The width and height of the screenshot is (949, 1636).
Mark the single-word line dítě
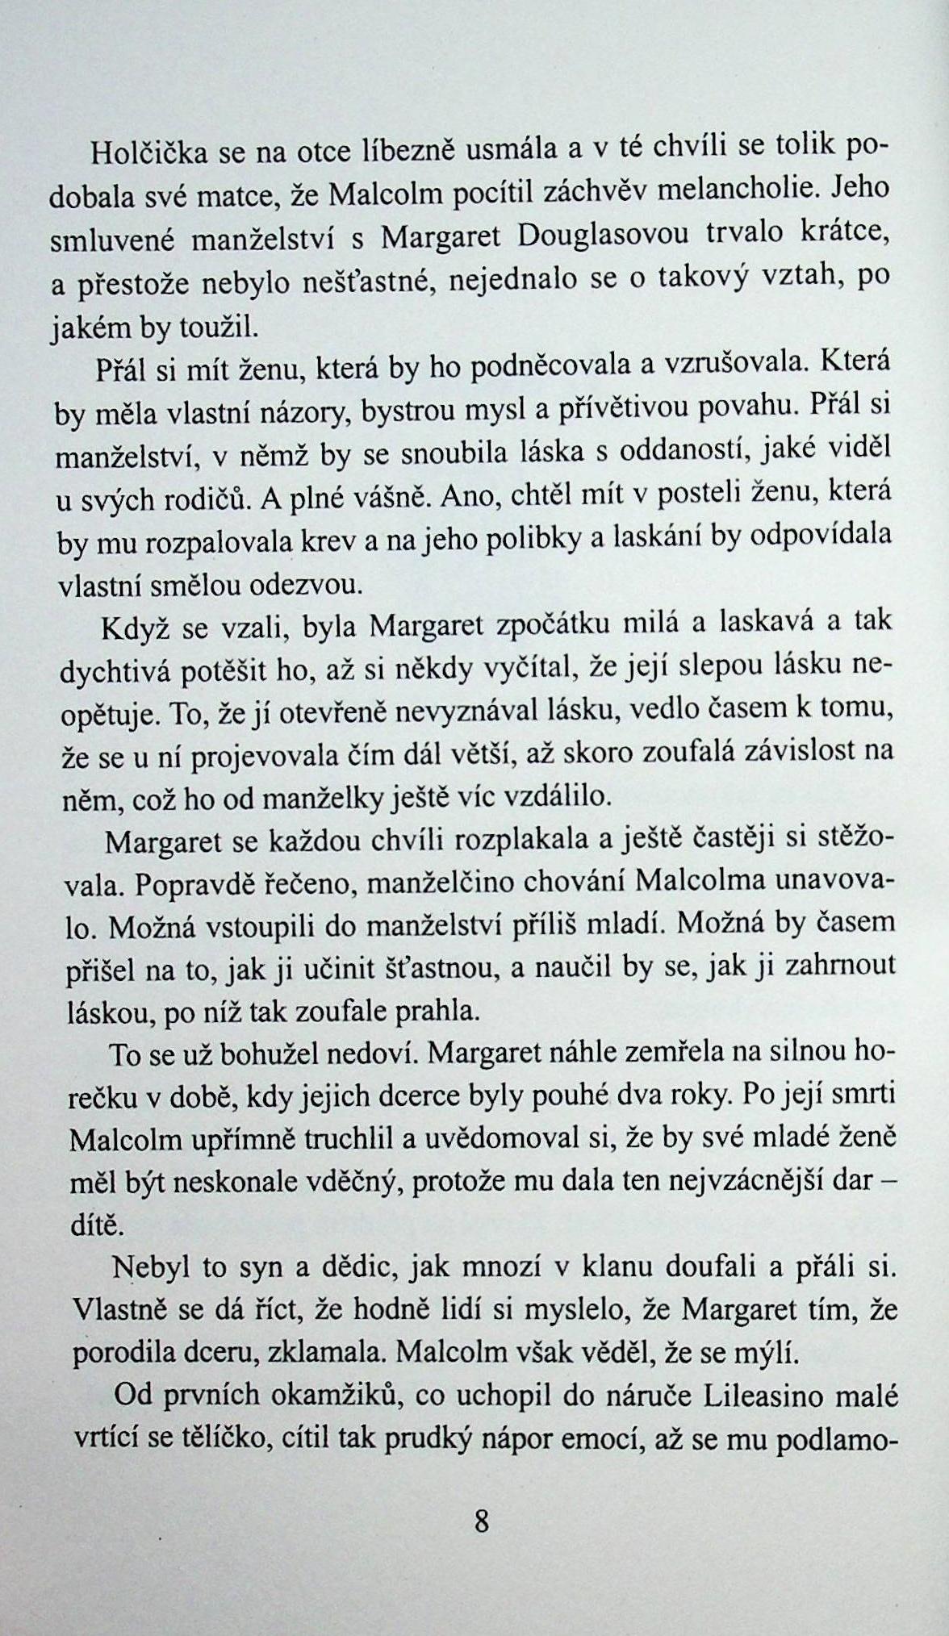point(94,1225)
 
